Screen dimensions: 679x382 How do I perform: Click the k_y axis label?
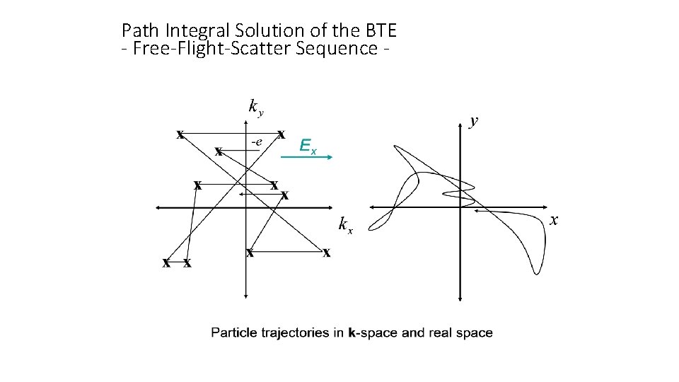click(x=256, y=107)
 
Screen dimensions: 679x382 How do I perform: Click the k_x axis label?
click(x=345, y=225)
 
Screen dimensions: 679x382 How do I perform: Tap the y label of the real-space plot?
click(x=474, y=121)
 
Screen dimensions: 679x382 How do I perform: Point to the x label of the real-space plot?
click(x=555, y=221)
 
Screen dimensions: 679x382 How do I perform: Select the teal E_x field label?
click(x=308, y=146)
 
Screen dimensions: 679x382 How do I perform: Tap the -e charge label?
click(x=255, y=141)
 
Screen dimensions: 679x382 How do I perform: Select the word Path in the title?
click(x=141, y=30)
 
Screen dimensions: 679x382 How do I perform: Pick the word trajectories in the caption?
click(x=296, y=332)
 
